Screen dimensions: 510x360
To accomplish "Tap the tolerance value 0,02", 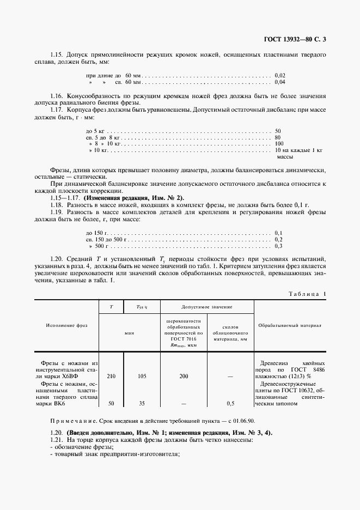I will point(280,75).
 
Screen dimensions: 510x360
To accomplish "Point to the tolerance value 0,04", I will point(280,82).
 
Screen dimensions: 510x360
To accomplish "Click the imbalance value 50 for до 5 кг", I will point(278,131).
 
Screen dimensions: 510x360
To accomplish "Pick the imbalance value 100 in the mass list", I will point(279,143).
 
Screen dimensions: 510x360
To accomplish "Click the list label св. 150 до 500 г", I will point(106,239).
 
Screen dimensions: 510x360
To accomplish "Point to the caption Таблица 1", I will point(306,294).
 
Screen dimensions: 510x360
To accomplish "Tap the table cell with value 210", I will point(111,376).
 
